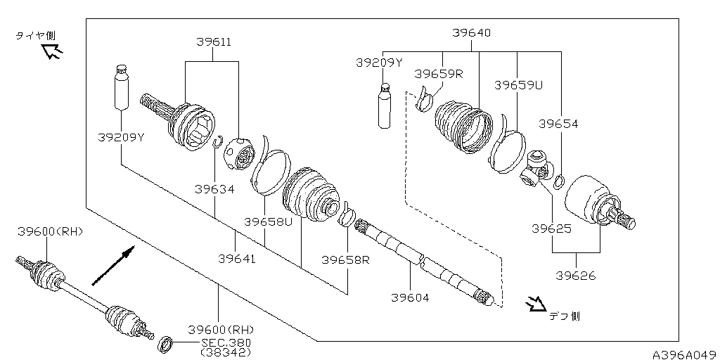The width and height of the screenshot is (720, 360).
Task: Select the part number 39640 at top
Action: tap(471, 32)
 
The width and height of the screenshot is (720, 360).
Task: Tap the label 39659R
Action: tap(438, 74)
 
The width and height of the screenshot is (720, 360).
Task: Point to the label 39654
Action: tap(558, 124)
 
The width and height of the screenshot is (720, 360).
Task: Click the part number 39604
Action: tap(410, 297)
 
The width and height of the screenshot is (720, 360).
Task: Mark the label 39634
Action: tap(214, 188)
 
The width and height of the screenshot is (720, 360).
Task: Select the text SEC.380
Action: tap(226, 342)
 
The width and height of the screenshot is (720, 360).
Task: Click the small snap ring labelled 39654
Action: tap(558, 183)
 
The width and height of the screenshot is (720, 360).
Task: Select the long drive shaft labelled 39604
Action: tap(422, 260)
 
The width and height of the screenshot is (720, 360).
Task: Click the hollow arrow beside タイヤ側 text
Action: tap(51, 50)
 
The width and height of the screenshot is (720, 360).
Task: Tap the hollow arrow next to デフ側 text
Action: tap(536, 304)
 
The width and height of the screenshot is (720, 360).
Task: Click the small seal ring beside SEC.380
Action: tap(167, 344)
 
